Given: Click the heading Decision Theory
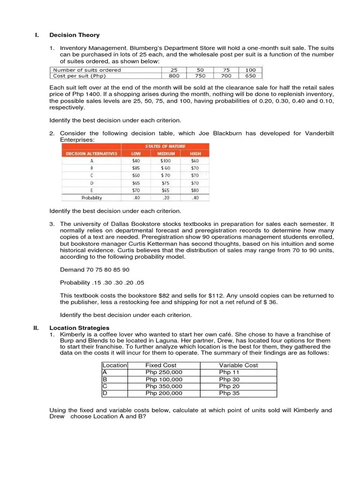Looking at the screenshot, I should pos(75,35).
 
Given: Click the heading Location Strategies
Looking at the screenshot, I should pos(79,328).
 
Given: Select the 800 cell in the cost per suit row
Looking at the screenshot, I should pos(174,76).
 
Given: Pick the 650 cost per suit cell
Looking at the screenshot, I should pos(251,76).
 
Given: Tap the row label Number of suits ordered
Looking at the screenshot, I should pos(87,70).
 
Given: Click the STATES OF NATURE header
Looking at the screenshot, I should pos(165,146).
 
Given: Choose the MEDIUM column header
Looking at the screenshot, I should pos(165,153).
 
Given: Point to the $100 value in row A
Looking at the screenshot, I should pos(165,161).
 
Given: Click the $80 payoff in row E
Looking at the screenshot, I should pos(195,191).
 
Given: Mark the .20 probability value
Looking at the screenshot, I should pos(165,198).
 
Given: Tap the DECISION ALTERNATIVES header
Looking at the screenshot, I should pos(91,153).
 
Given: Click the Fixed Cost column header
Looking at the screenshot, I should pos(160,365).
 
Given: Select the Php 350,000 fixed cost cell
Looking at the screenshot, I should pos(164,387).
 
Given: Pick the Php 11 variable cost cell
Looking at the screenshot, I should pos(229,372).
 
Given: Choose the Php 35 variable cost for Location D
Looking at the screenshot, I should pos(229,394).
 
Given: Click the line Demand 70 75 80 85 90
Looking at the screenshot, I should pos(95,270).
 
